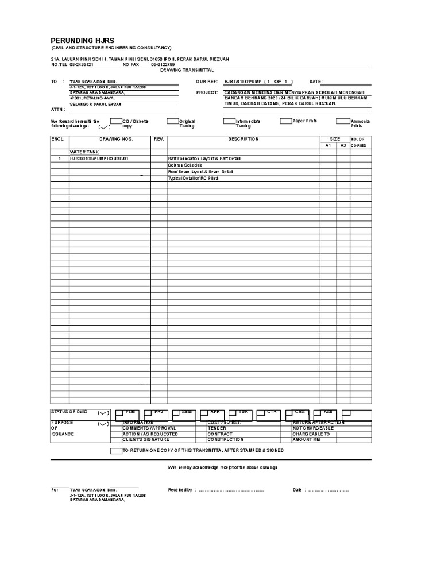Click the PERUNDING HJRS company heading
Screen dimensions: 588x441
[83, 41]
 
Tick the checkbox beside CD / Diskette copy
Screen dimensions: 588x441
[115, 121]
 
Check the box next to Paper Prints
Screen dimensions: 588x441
[286, 121]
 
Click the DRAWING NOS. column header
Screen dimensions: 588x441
[116, 139]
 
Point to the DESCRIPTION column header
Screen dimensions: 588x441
[243, 139]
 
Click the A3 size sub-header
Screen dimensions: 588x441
[343, 146]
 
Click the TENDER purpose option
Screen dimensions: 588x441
[217, 428]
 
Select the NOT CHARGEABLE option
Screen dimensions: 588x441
[312, 428]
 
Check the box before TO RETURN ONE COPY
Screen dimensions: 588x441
[115, 451]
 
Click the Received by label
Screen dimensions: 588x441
[180, 490]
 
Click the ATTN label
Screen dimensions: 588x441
[57, 109]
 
